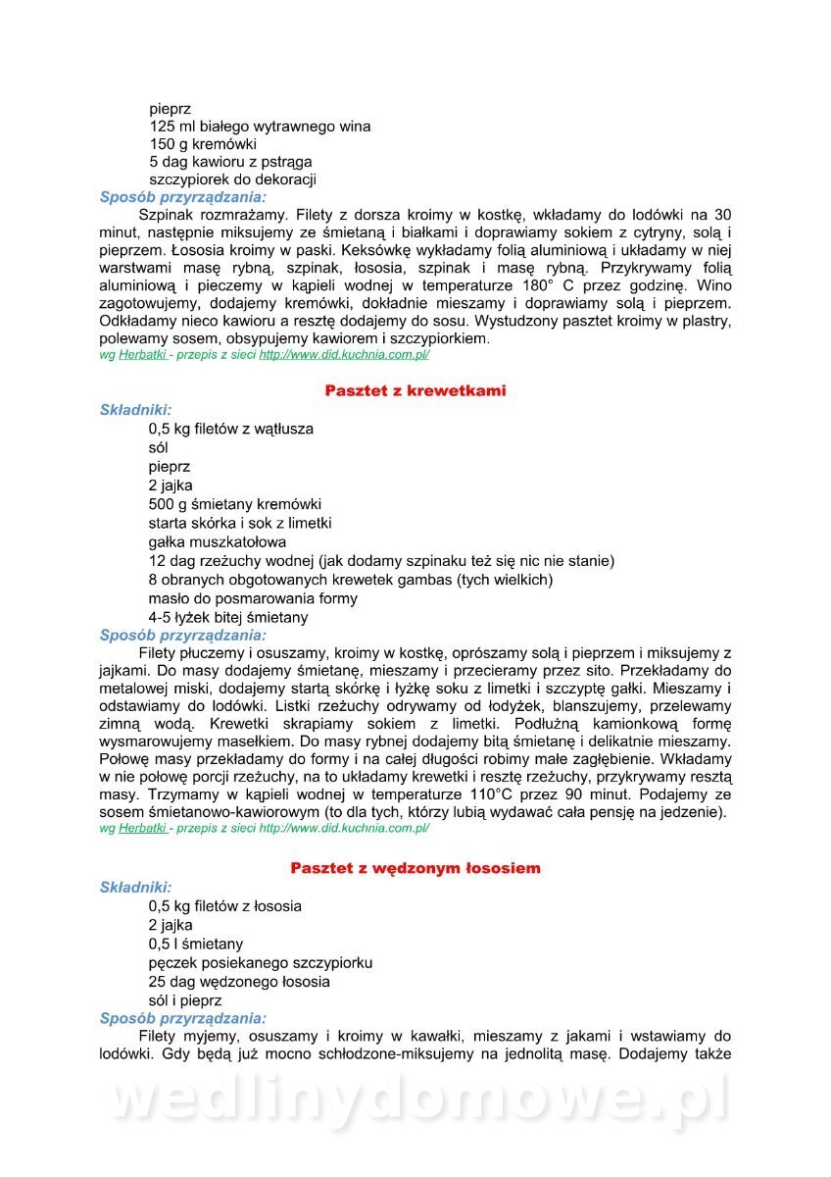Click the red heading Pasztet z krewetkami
[415, 390]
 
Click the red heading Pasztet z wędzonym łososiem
[415, 868]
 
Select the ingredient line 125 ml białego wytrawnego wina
[260, 127]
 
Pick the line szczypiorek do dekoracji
[232, 179]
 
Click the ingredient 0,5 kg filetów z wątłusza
[231, 429]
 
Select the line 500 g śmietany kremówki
[235, 504]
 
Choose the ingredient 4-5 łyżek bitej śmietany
[228, 617]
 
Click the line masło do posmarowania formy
[253, 598]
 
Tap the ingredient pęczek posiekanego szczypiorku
[261, 962]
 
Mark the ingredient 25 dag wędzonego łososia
[239, 981]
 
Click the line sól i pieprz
[185, 1000]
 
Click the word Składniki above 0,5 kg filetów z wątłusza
[135, 410]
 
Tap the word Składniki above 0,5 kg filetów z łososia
[135, 888]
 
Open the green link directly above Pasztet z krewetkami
[344, 355]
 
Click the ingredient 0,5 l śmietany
[196, 944]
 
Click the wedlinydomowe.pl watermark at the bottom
[415, 1100]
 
